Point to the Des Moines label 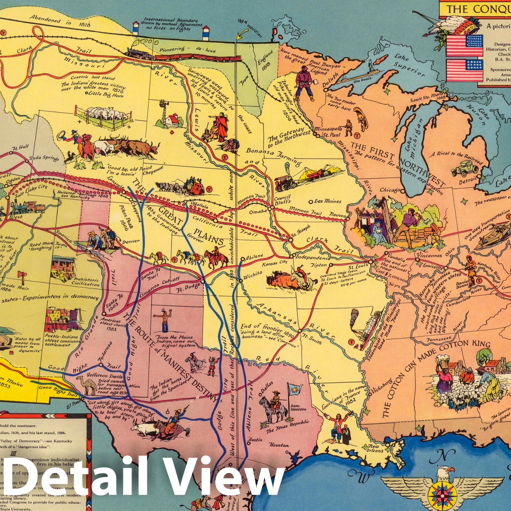point(327,202)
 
